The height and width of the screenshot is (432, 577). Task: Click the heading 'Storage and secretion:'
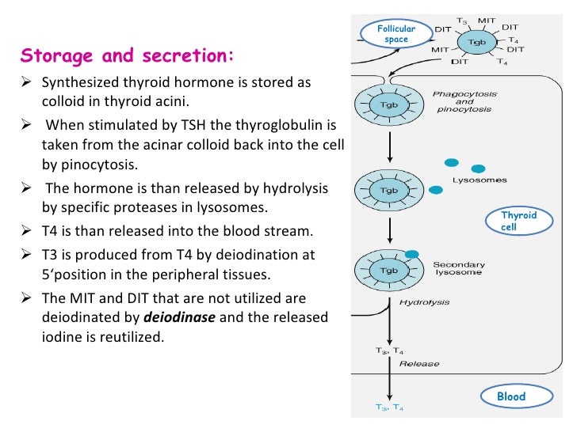tap(127, 55)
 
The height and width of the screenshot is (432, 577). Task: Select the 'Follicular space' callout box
tap(395, 34)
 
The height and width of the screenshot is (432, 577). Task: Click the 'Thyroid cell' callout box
tap(518, 222)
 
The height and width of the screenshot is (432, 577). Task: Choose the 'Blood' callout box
tap(510, 396)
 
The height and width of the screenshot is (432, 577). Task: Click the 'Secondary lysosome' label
tap(459, 268)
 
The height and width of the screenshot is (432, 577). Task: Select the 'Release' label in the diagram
tap(421, 364)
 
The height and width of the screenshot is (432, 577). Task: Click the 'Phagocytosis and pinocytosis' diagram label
tap(464, 101)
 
